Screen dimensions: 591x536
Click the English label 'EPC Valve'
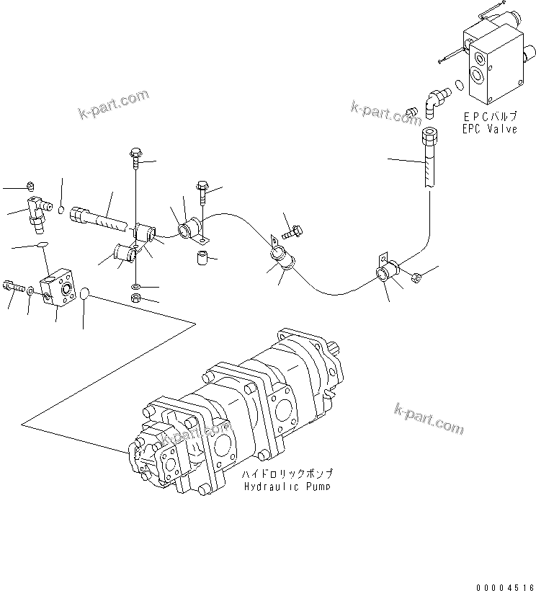[489, 129]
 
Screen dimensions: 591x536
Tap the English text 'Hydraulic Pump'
[287, 486]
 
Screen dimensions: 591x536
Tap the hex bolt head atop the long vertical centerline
[135, 153]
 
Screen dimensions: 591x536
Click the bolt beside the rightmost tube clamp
[415, 276]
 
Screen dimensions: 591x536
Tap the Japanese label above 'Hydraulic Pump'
[287, 474]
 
